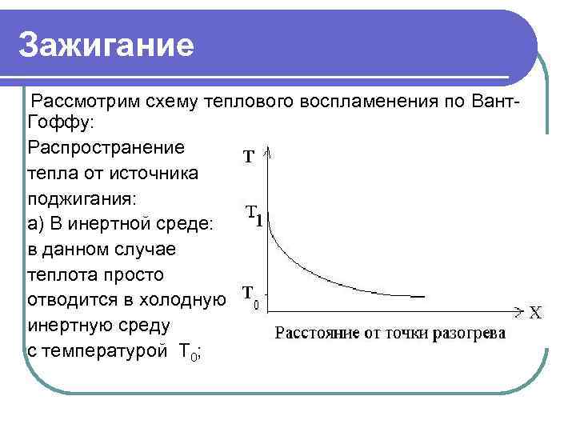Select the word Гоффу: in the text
60,124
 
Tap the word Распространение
106,148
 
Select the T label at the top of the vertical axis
250,157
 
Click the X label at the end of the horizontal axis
534,313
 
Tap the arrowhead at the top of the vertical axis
272,152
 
